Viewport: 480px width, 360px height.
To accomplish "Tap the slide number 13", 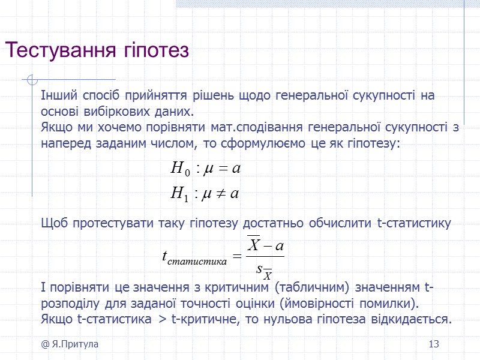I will pyautogui.click(x=434, y=344).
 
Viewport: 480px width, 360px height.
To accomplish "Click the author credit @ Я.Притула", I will pyautogui.click(x=70, y=344).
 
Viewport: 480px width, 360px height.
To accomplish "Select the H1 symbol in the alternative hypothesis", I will pyautogui.click(x=179, y=193).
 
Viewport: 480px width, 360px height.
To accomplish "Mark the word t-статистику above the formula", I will pyautogui.click(x=414, y=224).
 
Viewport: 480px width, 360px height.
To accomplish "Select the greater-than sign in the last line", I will pyautogui.click(x=163, y=319).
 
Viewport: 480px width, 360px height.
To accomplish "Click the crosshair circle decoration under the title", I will pyautogui.click(x=34, y=80).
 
